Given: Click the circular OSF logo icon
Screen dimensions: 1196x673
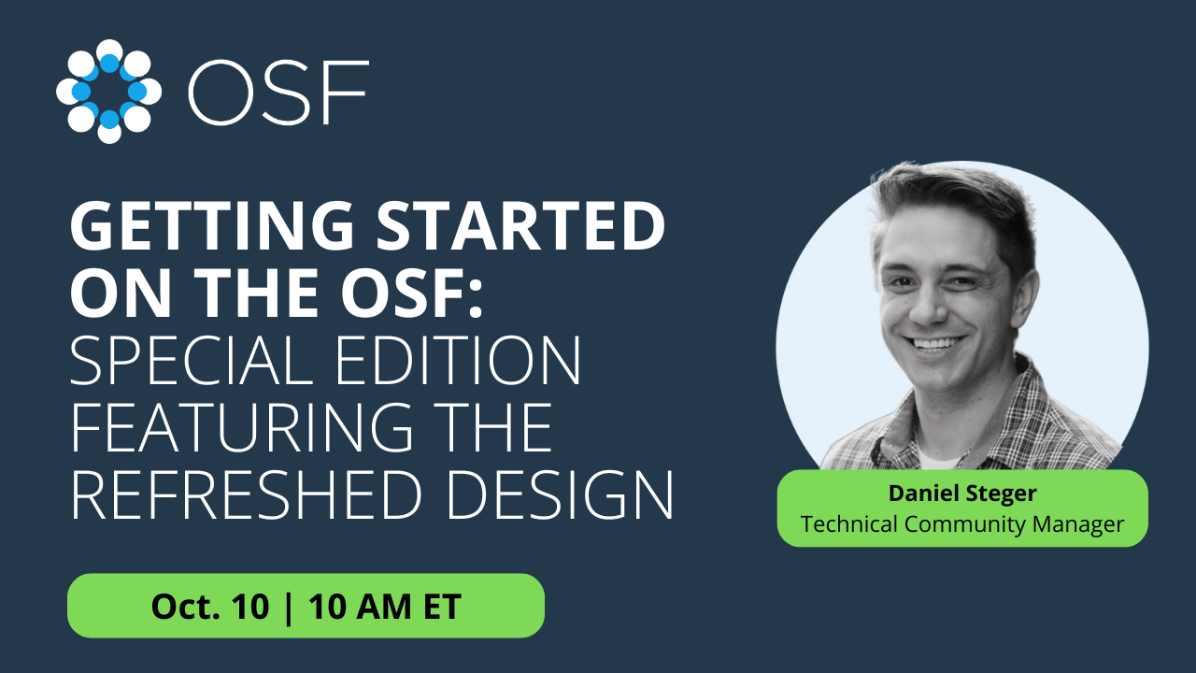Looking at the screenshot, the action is [109, 92].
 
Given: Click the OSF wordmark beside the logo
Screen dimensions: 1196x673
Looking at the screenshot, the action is [278, 92].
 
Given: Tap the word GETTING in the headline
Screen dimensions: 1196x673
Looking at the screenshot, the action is [212, 226].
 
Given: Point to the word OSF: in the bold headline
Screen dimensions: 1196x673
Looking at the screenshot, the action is [412, 293].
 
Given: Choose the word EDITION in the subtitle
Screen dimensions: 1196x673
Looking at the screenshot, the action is [458, 360].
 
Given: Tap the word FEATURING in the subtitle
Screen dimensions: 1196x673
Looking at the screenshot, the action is [242, 426].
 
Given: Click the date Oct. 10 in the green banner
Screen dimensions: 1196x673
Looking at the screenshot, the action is [210, 607].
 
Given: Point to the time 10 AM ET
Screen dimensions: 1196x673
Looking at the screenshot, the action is [385, 607].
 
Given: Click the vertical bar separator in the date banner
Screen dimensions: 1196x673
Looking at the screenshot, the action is [289, 608].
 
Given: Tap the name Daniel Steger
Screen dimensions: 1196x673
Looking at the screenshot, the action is [962, 493].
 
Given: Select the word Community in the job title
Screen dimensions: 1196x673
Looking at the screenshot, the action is [965, 524].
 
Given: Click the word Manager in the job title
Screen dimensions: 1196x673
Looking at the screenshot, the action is [1078, 524].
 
